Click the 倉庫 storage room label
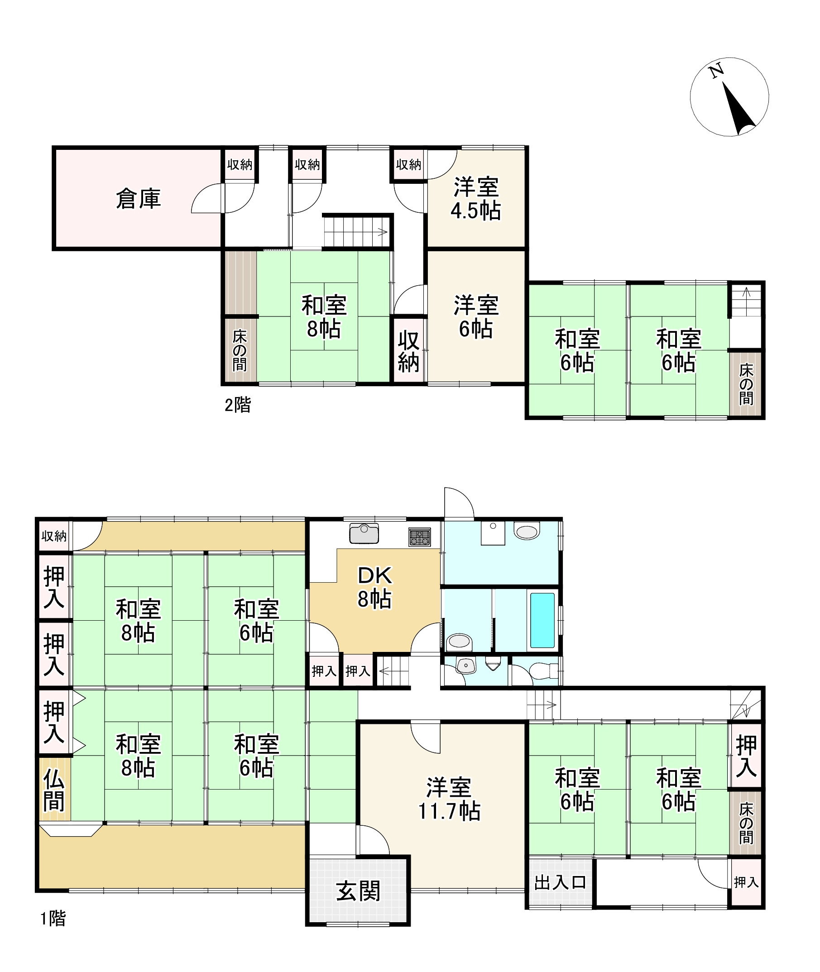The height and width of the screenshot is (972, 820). click(138, 199)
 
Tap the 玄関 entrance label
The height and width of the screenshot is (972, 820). click(359, 891)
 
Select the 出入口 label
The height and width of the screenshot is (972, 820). click(560, 882)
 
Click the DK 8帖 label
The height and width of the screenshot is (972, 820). click(374, 588)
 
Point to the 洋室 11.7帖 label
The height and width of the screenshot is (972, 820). click(450, 799)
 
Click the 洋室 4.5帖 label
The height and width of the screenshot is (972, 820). click(476, 199)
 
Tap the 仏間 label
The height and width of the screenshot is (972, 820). click(54, 790)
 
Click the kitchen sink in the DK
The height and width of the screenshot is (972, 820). click(364, 533)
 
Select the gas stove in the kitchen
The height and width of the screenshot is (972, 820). click(420, 536)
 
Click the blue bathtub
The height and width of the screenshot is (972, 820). click(542, 620)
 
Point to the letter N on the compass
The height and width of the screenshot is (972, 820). click(716, 71)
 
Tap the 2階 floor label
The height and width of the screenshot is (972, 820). click(238, 405)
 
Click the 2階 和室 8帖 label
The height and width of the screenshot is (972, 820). click(324, 317)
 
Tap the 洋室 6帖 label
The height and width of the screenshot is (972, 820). click(476, 317)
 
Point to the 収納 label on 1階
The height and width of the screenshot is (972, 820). click(54, 536)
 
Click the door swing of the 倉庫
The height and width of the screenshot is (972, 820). click(208, 198)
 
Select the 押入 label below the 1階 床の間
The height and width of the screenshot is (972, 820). click(746, 882)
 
